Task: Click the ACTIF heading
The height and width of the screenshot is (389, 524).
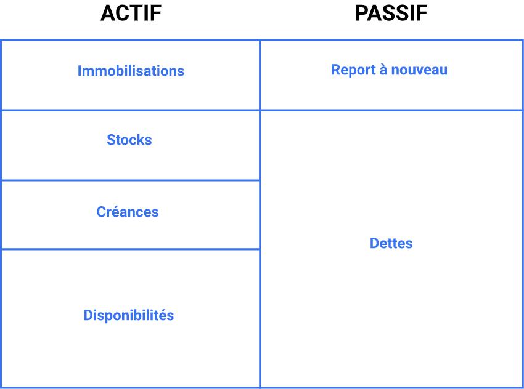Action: [x=131, y=14]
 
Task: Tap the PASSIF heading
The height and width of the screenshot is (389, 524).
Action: [x=391, y=14]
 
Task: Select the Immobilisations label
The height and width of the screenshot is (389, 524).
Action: [x=131, y=71]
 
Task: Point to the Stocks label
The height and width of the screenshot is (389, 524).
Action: [x=129, y=140]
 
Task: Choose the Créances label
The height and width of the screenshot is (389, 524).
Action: [x=128, y=212]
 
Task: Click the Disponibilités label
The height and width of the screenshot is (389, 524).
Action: [x=129, y=315]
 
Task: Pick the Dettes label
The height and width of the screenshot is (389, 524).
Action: [x=391, y=243]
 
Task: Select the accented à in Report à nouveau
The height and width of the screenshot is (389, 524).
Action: [x=383, y=70]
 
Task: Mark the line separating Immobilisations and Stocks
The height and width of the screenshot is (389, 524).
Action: [x=130, y=110]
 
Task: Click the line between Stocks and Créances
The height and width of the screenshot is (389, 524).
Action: [x=130, y=180]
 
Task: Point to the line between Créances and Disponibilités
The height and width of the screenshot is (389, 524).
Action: [x=130, y=249]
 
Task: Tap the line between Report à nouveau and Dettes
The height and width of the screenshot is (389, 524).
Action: [x=391, y=110]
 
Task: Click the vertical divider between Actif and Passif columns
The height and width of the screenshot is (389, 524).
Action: [x=260, y=246]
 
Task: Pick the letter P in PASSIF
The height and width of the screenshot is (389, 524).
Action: [x=361, y=14]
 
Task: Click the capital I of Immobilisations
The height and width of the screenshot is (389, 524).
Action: [x=80, y=71]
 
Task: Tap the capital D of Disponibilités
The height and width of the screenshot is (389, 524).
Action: [x=88, y=315]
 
